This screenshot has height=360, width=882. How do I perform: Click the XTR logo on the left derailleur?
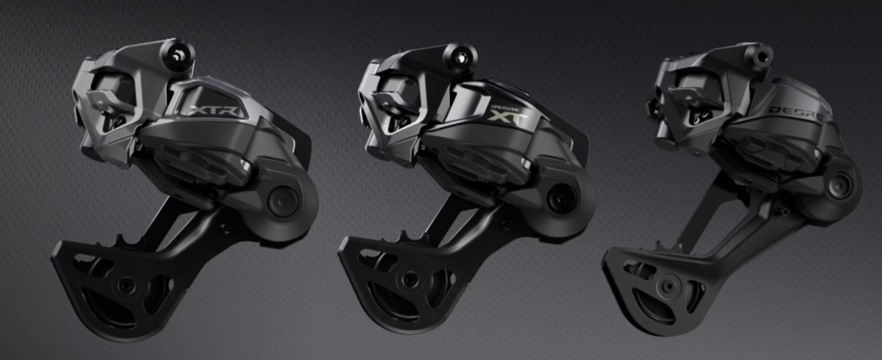(213, 110)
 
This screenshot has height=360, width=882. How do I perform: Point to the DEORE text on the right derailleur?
(795, 114)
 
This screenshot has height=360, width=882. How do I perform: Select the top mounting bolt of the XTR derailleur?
(177, 56)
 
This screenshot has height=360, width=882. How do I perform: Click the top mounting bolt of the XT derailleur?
(460, 57)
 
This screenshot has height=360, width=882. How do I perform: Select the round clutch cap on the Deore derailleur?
(840, 186)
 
